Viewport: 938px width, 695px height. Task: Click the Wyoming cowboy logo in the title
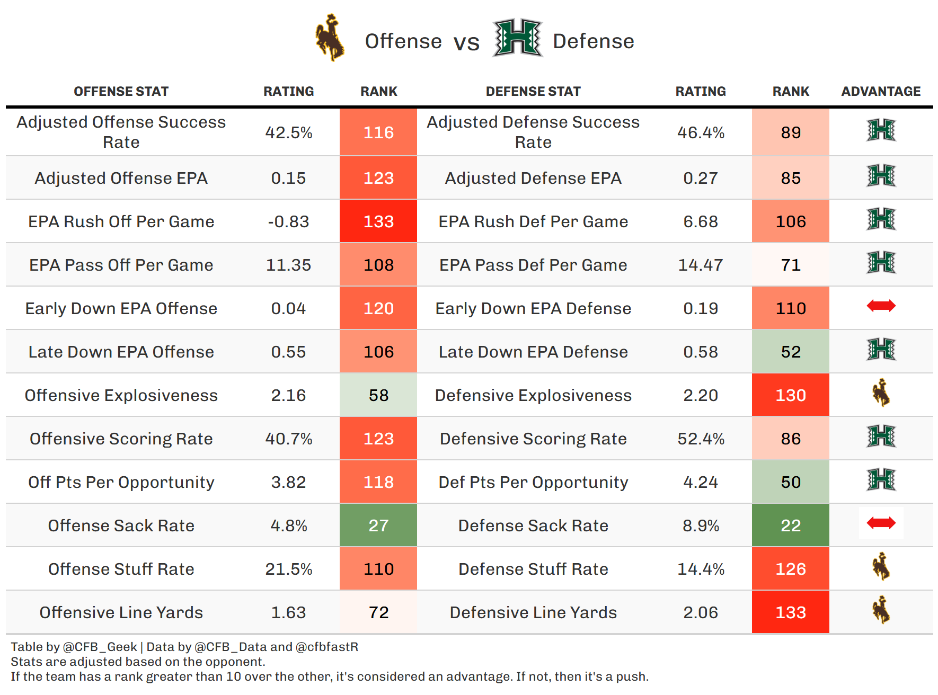(x=330, y=38)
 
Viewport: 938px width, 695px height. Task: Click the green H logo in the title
(x=517, y=38)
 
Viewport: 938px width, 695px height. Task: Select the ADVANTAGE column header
(x=880, y=92)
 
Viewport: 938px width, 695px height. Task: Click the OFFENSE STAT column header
(x=121, y=92)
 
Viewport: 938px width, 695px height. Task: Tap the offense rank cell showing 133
(x=378, y=221)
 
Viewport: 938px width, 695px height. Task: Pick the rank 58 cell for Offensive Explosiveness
(x=378, y=395)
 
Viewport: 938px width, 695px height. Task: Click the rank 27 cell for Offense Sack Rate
(x=378, y=525)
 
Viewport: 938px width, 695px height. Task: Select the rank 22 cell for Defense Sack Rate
(x=790, y=525)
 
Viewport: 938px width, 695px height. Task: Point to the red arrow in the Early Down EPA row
(x=881, y=306)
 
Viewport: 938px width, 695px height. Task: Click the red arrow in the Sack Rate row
(x=881, y=523)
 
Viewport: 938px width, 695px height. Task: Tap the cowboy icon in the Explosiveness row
(x=881, y=393)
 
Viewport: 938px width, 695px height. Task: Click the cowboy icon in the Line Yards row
(x=881, y=610)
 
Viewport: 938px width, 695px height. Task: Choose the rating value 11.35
(x=288, y=265)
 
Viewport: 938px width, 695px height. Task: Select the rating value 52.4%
(x=701, y=439)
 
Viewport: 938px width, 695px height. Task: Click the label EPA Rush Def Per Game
(x=533, y=221)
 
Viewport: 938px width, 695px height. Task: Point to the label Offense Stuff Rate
(x=121, y=569)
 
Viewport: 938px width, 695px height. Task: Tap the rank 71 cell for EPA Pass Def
(x=790, y=265)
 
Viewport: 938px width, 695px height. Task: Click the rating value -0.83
(x=288, y=221)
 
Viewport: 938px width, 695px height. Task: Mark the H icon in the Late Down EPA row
(x=881, y=349)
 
